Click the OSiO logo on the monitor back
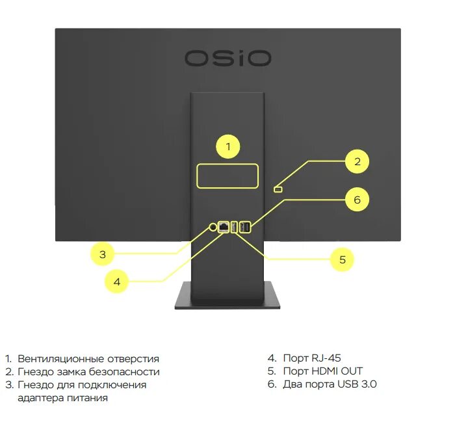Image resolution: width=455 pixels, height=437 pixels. tap(227, 58)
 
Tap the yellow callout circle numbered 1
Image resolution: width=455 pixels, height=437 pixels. tap(227, 147)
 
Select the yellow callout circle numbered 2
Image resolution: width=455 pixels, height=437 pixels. tap(357, 161)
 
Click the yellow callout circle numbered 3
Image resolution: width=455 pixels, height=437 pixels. tap(103, 254)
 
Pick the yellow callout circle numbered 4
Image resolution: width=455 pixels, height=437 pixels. tap(117, 282)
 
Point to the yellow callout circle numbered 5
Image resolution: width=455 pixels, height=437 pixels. tap(342, 260)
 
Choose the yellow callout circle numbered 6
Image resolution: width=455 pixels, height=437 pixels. tap(357, 200)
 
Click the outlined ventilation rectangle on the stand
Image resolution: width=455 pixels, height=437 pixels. tap(227, 176)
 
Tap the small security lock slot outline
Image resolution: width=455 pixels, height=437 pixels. tap(278, 189)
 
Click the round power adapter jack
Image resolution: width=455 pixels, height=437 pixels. tap(214, 227)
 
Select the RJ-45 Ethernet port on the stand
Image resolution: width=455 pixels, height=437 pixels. tap(224, 227)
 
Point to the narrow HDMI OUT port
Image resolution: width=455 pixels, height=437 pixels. tap(235, 227)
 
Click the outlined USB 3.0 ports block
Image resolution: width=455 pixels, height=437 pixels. tap(245, 227)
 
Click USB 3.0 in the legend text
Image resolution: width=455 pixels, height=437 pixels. tap(357, 384)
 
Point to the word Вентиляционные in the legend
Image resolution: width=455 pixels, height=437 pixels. tap(53, 358)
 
